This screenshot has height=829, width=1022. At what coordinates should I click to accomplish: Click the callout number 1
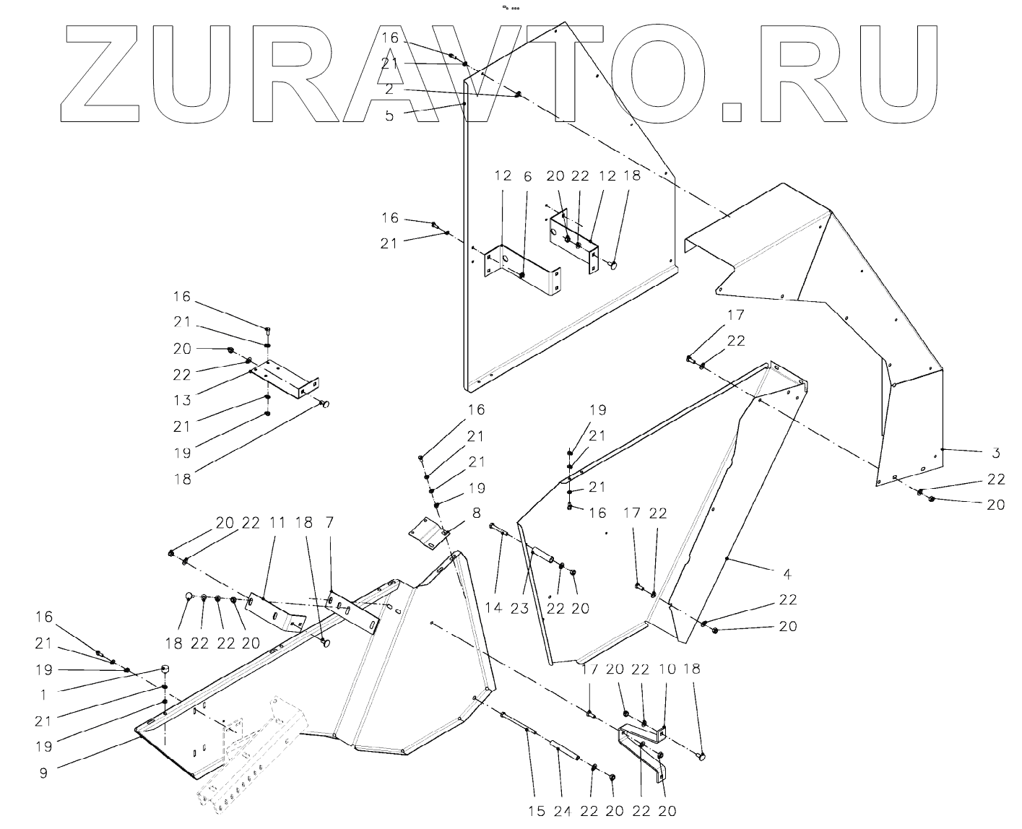(x=43, y=694)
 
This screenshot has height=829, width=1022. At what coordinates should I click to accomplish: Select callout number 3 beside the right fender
(x=995, y=453)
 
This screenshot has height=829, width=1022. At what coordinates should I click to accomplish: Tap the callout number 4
(x=787, y=574)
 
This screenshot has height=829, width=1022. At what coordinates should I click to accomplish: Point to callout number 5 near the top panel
(x=390, y=115)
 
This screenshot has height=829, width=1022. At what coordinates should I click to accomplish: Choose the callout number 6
(x=528, y=176)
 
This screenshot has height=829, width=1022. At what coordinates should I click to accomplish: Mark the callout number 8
(x=476, y=513)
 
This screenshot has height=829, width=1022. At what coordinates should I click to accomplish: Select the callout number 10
(x=667, y=669)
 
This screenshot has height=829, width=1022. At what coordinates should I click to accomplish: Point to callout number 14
(x=493, y=609)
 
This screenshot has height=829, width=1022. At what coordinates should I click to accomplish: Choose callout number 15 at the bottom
(x=536, y=811)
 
